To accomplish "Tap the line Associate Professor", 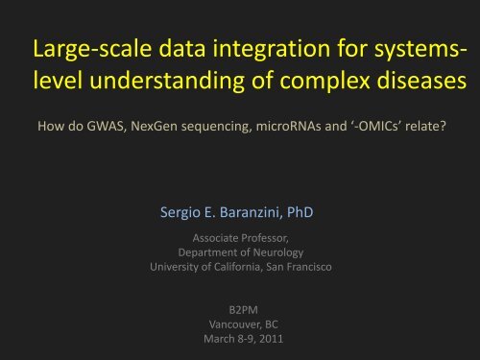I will click(238, 235).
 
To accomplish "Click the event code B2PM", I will click(238, 310).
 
